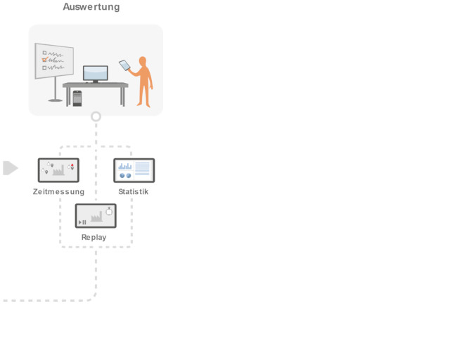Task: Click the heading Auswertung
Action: click(x=91, y=7)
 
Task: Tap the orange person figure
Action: click(x=144, y=81)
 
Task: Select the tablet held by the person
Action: click(x=125, y=65)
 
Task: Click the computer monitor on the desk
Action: click(x=96, y=73)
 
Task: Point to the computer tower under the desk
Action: click(x=77, y=98)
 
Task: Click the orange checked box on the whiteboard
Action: click(x=44, y=60)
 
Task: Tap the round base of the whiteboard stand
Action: click(x=56, y=100)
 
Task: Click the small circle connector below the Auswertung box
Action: click(x=96, y=116)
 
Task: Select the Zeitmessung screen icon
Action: click(x=58, y=170)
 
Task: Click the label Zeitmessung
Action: click(x=58, y=192)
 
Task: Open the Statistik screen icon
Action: click(x=134, y=170)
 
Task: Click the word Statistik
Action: click(x=134, y=192)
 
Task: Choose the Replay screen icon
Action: click(x=96, y=216)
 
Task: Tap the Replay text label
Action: click(x=94, y=238)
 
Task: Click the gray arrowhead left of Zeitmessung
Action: click(x=10, y=168)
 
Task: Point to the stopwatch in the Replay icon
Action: click(x=109, y=211)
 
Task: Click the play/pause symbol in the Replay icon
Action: click(x=82, y=222)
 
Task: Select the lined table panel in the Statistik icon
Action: click(x=142, y=169)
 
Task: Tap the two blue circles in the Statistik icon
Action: click(x=124, y=175)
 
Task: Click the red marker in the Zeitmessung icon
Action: click(x=72, y=165)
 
